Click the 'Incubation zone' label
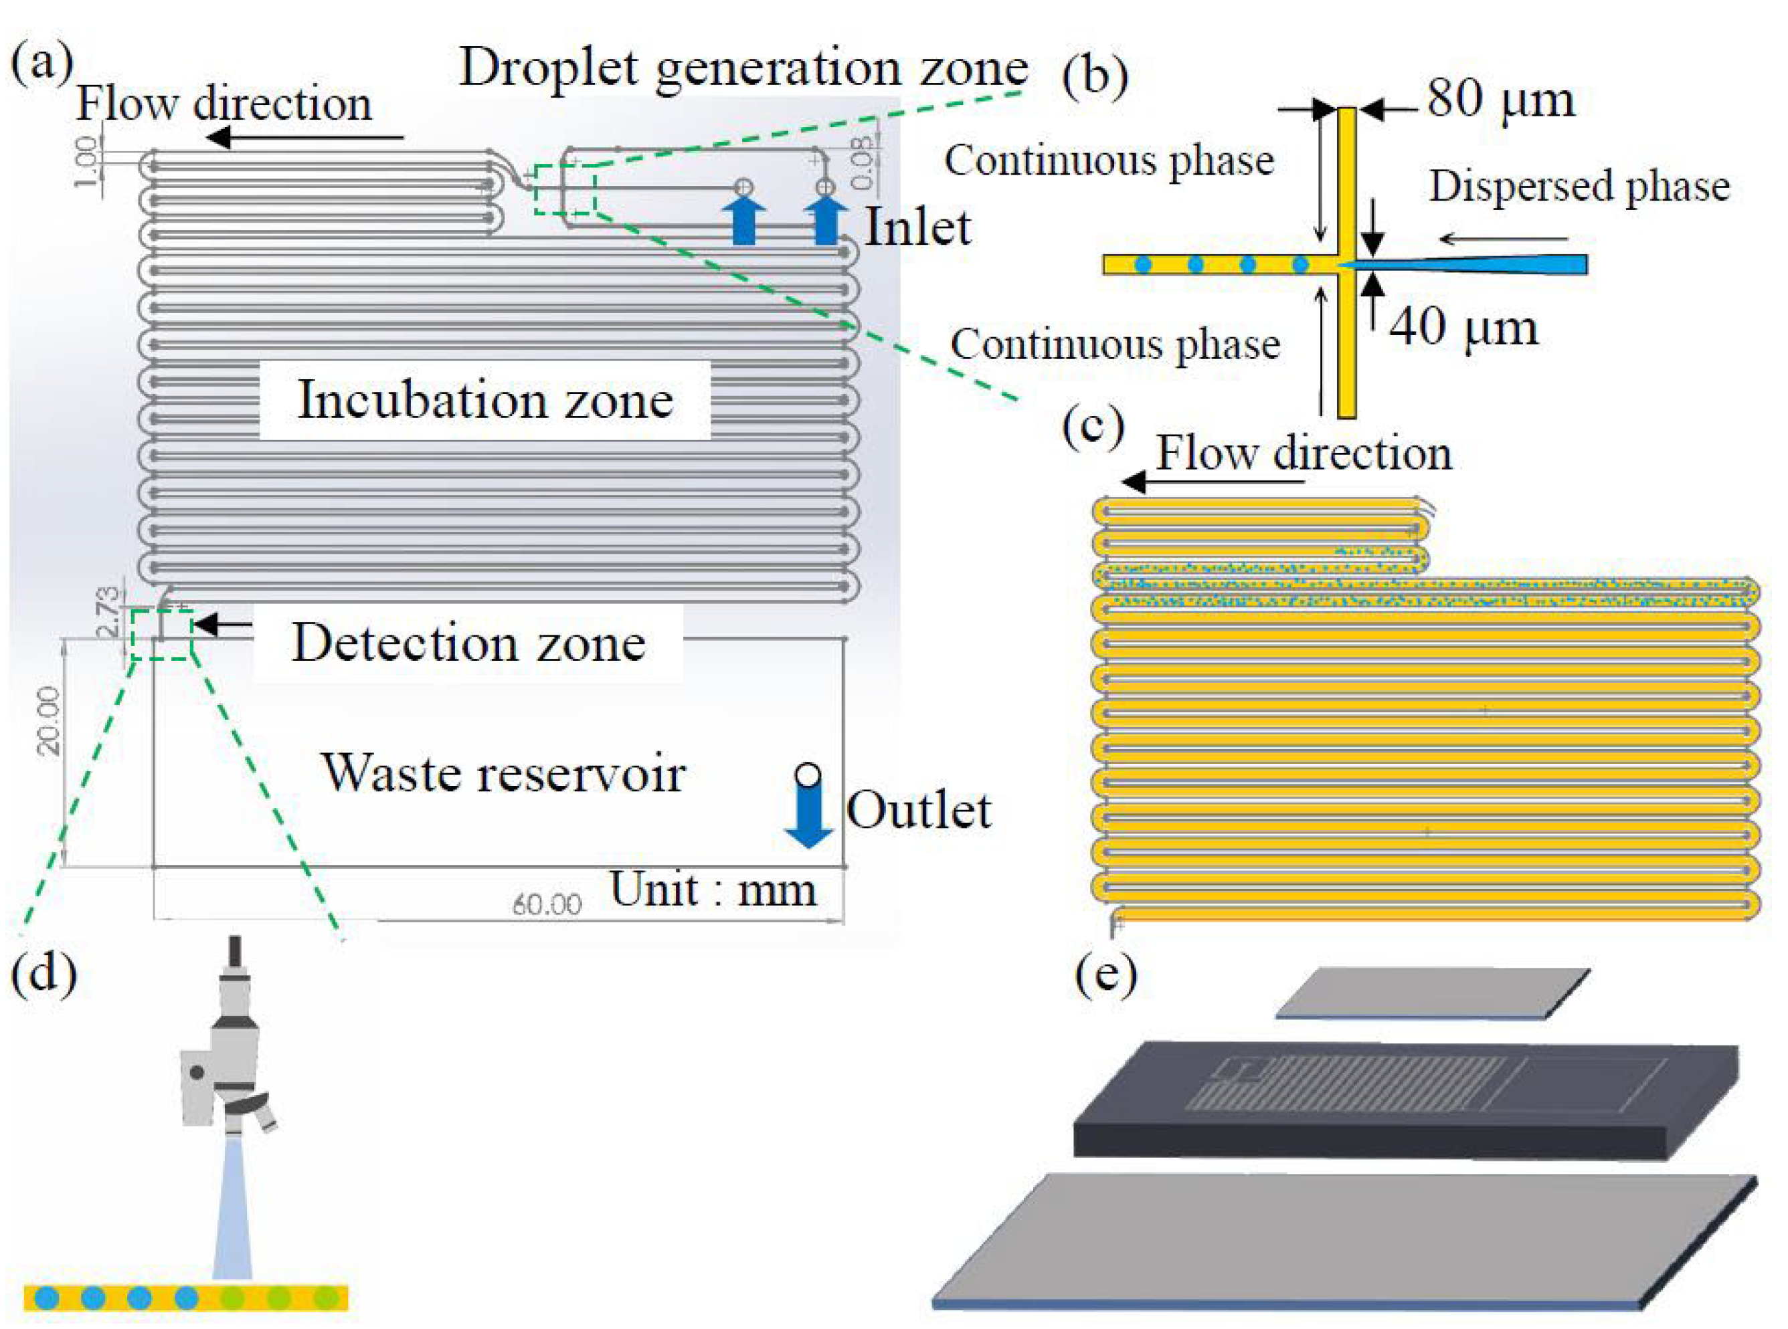coord(485,400)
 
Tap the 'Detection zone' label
coord(468,643)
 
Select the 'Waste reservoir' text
coord(504,773)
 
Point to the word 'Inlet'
coord(917,227)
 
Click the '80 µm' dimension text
coord(1501,100)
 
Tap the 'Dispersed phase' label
coord(1579,187)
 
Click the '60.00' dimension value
coord(547,904)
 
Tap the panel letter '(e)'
coord(1106,975)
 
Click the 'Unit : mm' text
coord(713,890)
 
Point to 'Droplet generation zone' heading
coord(743,68)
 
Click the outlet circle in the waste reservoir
coord(807,774)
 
